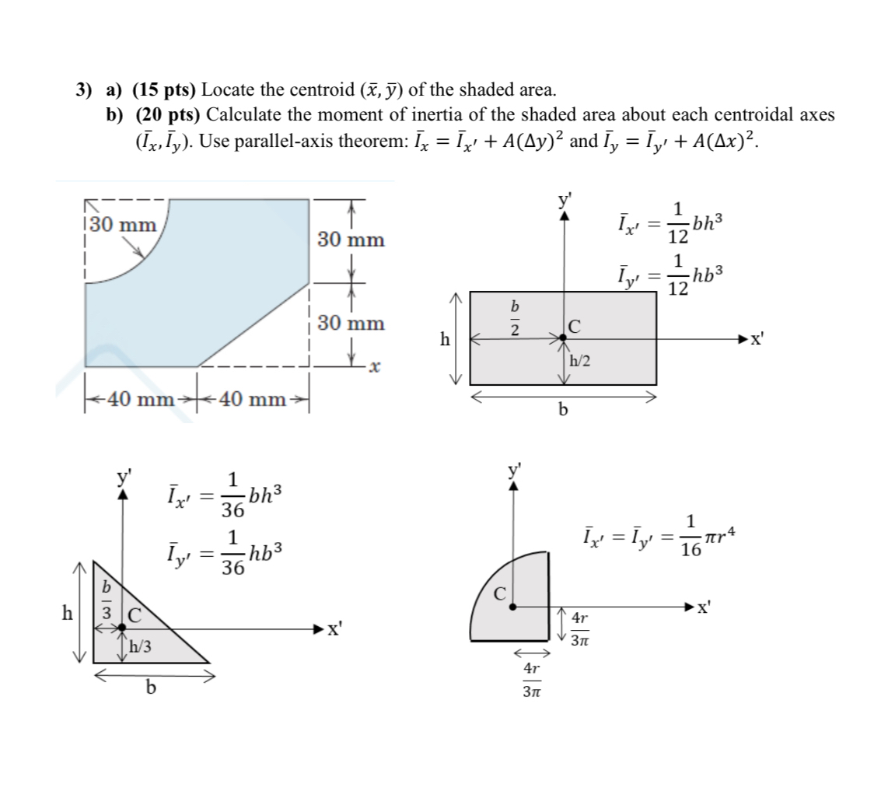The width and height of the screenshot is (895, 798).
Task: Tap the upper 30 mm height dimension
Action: (x=351, y=240)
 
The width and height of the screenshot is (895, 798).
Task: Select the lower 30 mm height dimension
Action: (x=351, y=323)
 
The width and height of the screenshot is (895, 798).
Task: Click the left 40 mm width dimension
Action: (x=138, y=400)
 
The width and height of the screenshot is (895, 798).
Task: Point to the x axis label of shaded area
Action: (x=375, y=366)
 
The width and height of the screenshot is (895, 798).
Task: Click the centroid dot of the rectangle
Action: (x=564, y=338)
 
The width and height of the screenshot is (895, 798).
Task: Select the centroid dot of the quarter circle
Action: (x=512, y=607)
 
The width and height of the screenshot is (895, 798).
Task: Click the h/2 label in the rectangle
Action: (x=580, y=361)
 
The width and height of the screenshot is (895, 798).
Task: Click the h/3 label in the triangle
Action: (x=140, y=646)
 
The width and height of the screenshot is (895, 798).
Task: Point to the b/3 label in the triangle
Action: (x=108, y=601)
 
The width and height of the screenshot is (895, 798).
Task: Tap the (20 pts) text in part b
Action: (x=169, y=115)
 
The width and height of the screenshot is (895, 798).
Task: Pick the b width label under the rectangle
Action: (x=563, y=410)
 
